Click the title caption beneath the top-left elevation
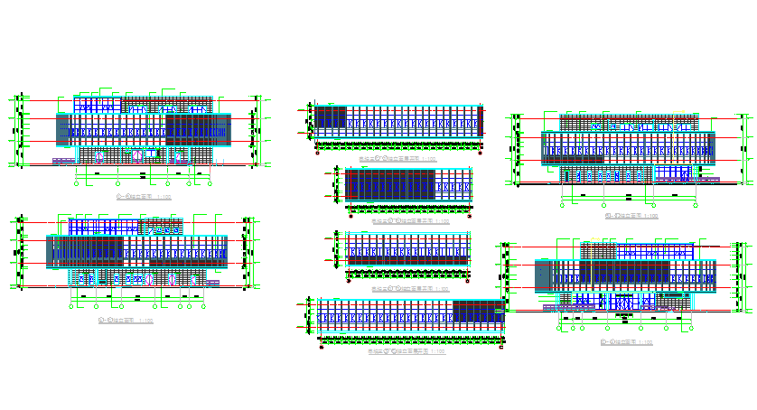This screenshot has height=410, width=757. click(x=136, y=194)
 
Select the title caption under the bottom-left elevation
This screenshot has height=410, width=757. click(x=126, y=320)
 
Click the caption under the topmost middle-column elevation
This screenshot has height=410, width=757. click(x=398, y=158)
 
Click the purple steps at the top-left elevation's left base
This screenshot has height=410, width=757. click(x=63, y=162)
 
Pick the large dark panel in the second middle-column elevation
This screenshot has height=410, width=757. click(x=388, y=185)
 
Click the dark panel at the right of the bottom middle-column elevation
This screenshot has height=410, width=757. click(x=479, y=312)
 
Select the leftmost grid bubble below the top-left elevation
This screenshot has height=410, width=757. click(x=76, y=183)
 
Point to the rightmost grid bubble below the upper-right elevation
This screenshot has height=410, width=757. click(x=701, y=205)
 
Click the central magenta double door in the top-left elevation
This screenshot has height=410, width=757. click(x=136, y=155)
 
